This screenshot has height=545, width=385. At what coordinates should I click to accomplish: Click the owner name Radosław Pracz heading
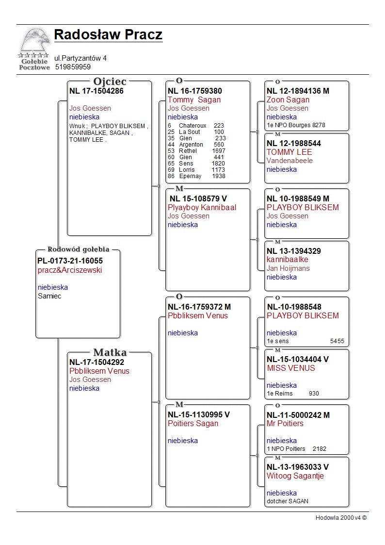click(x=108, y=35)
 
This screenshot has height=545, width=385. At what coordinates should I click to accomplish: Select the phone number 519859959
click(x=73, y=67)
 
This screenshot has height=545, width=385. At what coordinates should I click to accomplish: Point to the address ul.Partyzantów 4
click(x=80, y=58)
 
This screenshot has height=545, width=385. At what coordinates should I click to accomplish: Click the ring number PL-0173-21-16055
click(x=70, y=261)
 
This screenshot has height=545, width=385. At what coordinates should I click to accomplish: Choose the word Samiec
click(x=49, y=296)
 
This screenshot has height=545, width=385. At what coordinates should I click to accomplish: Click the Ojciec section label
click(x=110, y=82)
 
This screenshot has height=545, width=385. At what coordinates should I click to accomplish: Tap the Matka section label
click(x=110, y=352)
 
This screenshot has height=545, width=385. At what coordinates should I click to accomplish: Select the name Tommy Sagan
click(x=194, y=100)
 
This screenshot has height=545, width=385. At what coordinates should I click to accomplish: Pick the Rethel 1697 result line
click(x=196, y=151)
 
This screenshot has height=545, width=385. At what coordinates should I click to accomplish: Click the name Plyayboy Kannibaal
click(x=202, y=208)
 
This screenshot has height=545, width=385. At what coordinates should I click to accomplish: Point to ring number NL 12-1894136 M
click(x=298, y=91)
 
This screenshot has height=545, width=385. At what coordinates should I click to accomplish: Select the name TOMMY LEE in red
click(x=289, y=152)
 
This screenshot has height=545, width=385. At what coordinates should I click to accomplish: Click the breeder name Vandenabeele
click(x=289, y=161)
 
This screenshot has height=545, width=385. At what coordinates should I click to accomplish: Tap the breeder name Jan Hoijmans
click(x=288, y=268)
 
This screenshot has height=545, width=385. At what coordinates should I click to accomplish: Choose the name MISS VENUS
click(x=291, y=368)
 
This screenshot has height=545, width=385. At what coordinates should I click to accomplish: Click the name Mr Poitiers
click(x=285, y=424)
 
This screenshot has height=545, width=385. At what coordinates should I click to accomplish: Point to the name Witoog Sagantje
click(x=295, y=476)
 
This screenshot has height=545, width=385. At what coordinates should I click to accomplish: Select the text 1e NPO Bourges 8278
click(x=296, y=125)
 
